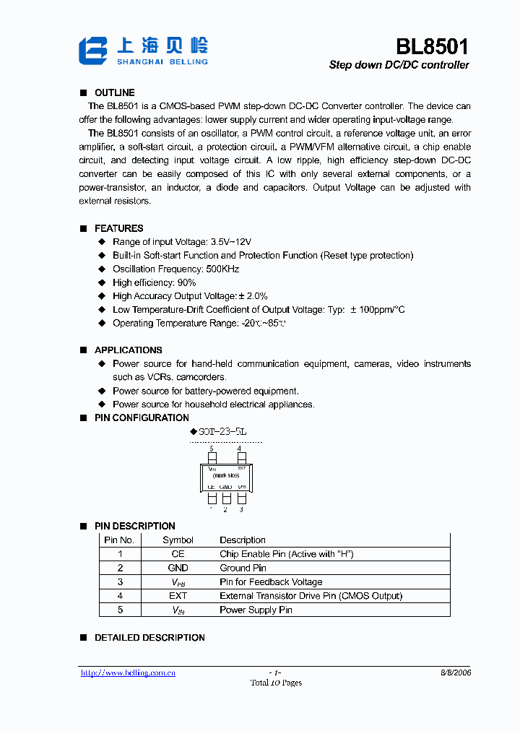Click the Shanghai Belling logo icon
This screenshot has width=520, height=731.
pos(93,51)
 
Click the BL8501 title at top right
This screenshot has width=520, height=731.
pos(432,47)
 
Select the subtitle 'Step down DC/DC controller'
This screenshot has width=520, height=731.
pos(399,65)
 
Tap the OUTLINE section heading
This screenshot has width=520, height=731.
pos(114,92)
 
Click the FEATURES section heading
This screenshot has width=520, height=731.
pos(118,228)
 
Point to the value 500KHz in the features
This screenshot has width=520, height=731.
pos(221,269)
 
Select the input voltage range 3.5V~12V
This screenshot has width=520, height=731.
pos(230,242)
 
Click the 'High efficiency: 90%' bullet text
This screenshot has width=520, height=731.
pos(154,282)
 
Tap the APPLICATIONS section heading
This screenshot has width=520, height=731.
pos(128,350)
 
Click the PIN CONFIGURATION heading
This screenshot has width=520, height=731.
pos(142,418)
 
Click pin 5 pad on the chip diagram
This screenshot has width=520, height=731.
pos(212,458)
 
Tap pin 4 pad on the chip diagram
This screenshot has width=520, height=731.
pos(241,458)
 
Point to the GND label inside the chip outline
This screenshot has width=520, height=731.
pos(225,487)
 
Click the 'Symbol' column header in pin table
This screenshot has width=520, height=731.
pos(178,540)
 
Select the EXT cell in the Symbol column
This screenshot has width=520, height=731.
pos(178,596)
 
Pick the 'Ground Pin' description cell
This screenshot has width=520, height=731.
pos(243,568)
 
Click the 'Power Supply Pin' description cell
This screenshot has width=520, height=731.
pos(256,610)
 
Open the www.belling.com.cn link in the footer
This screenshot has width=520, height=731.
pos(128,673)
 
